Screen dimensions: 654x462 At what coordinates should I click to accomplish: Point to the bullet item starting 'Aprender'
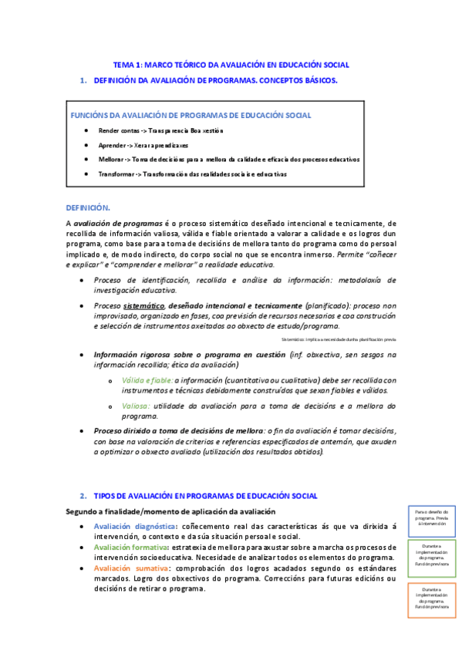click(113, 145)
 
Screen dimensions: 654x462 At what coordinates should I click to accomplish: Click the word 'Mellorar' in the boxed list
click(113, 160)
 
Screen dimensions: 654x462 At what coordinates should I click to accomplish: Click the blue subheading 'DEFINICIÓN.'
click(88, 207)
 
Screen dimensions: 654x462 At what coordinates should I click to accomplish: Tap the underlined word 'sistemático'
click(144, 305)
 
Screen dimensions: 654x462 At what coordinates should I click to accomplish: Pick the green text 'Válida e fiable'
click(147, 380)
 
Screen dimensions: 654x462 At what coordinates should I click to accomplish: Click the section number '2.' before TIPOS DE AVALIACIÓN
click(83, 495)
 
